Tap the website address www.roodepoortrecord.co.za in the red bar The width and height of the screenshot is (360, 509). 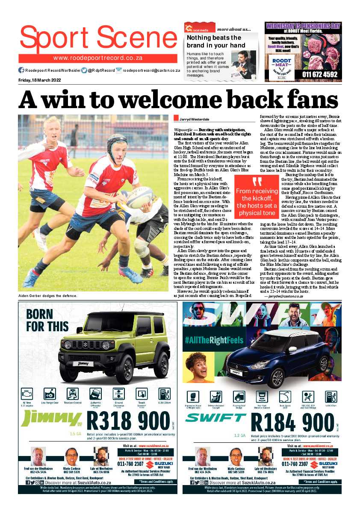pyautogui.click(x=98, y=58)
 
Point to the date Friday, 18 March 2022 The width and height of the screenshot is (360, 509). pyautogui.click(x=40, y=80)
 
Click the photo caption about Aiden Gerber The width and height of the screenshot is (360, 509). pyautogui.click(x=47, y=296)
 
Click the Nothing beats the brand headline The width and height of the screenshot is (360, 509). pyautogui.click(x=216, y=41)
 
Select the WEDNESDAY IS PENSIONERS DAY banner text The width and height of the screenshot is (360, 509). pyautogui.click(x=303, y=26)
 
